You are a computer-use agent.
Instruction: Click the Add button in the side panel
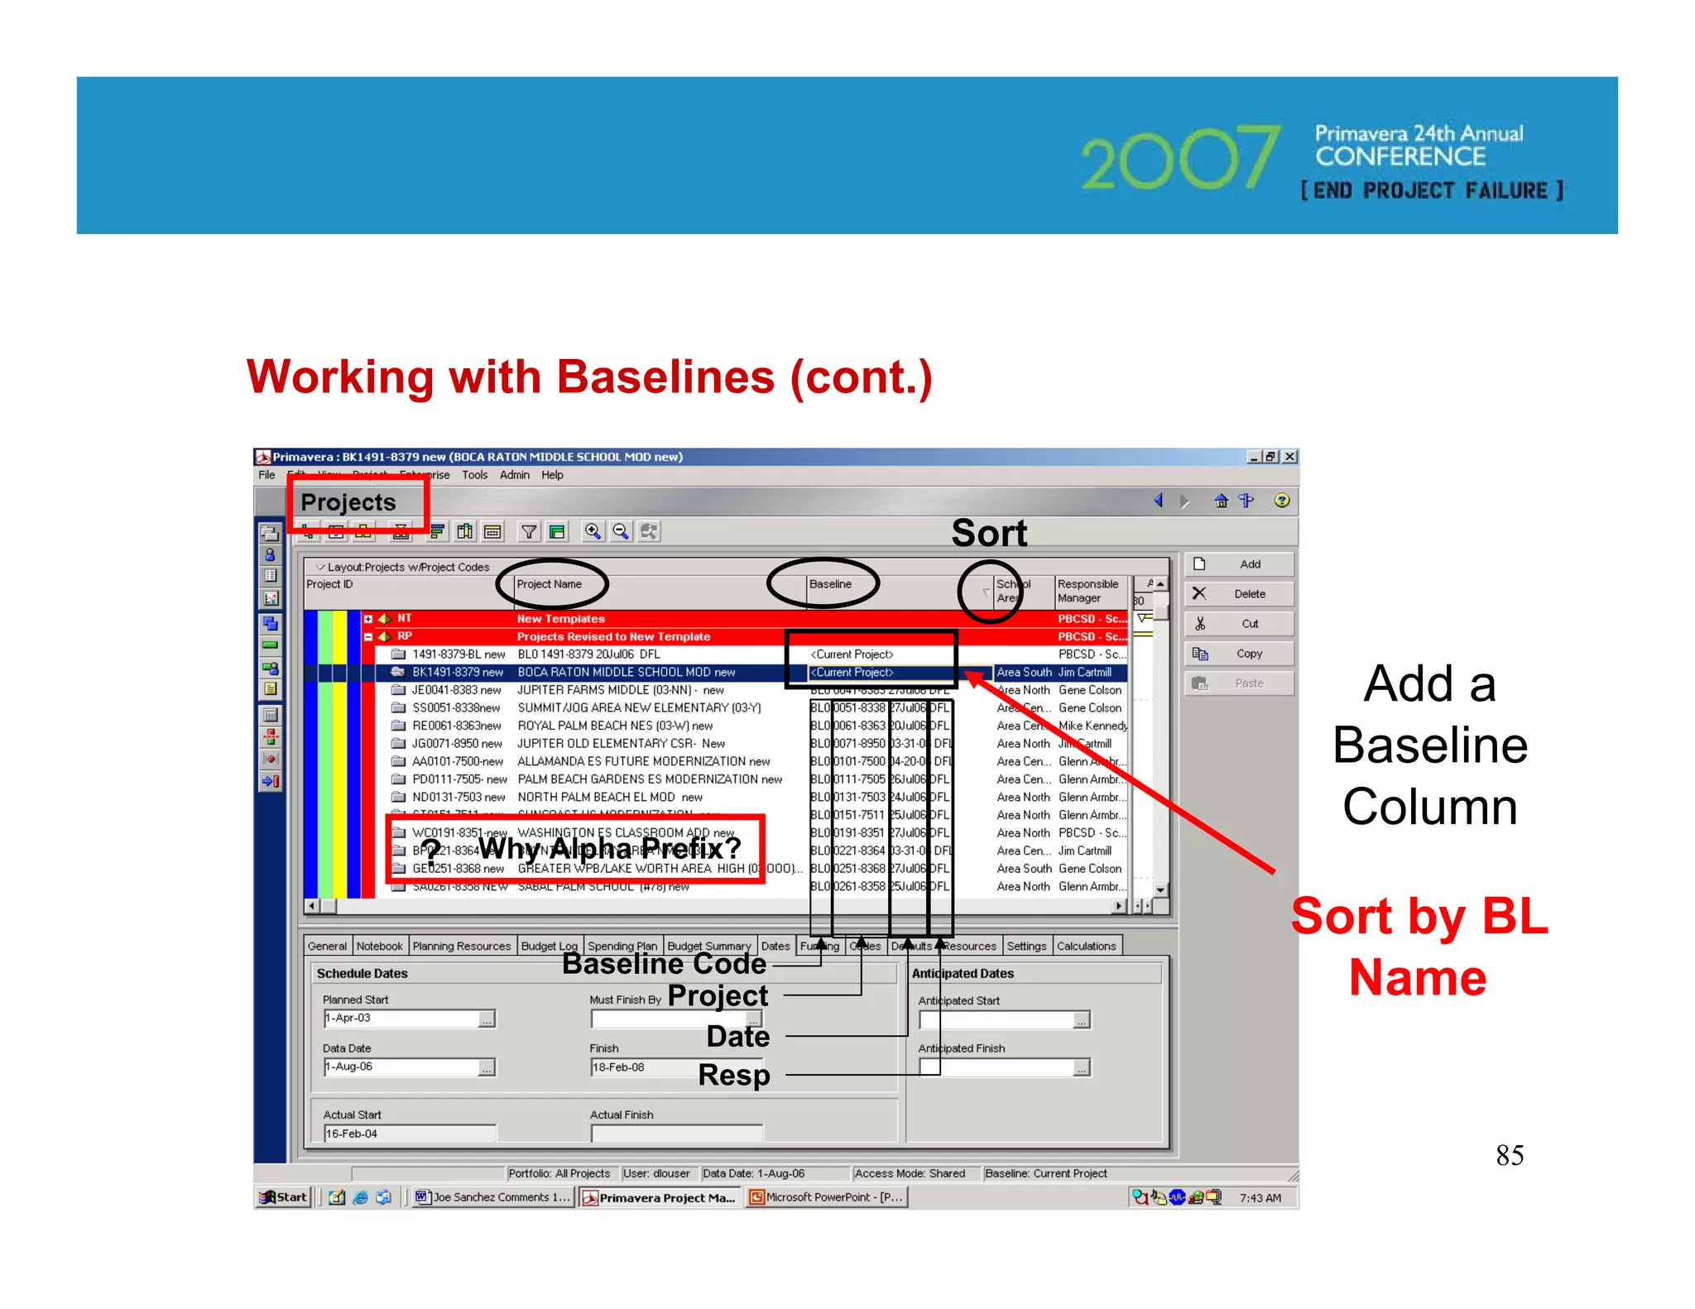(1239, 564)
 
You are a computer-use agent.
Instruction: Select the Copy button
(1239, 654)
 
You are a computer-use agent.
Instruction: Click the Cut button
(1239, 624)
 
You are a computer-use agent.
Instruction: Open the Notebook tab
(379, 946)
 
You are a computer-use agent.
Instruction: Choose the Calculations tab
(1086, 946)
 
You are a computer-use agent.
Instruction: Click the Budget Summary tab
(708, 946)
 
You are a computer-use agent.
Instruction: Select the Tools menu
(474, 475)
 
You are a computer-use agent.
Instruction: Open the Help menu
(552, 475)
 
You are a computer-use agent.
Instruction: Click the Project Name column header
(550, 584)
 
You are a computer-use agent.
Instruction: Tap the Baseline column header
(830, 584)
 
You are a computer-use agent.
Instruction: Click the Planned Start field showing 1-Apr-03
(401, 1019)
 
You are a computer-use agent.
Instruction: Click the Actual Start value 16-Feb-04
(410, 1134)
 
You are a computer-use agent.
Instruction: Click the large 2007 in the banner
(1180, 157)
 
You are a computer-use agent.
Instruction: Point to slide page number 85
(1510, 1155)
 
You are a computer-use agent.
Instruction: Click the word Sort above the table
(989, 533)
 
